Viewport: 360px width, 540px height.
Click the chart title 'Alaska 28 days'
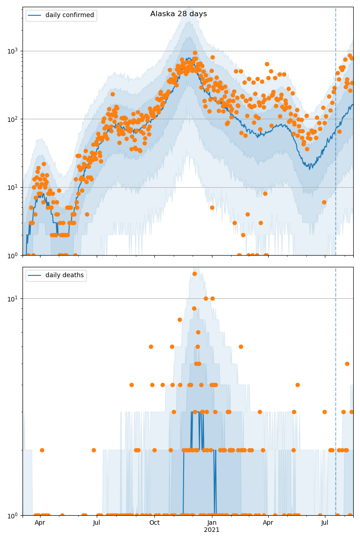[179, 14]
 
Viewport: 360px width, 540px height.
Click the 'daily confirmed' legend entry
[69, 15]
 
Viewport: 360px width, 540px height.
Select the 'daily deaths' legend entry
[64, 275]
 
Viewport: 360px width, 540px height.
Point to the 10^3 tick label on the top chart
[13, 51]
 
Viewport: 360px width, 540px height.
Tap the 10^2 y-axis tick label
[13, 119]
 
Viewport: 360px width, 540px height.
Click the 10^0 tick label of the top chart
[13, 256]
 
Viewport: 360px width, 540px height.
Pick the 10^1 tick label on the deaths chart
[13, 298]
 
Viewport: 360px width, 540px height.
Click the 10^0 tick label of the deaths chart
[13, 515]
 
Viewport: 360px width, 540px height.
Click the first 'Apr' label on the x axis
[40, 522]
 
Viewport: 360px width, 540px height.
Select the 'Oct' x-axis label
[154, 522]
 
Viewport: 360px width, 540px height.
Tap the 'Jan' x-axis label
[212, 522]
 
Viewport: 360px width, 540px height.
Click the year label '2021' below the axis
[212, 530]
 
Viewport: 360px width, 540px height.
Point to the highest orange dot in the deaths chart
[194, 274]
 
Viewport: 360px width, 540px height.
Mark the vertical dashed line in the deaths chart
[336, 405]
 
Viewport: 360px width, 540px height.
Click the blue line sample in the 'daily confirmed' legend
[35, 15]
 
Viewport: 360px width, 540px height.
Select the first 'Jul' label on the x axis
[97, 522]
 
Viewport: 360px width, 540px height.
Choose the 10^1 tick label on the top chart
[13, 187]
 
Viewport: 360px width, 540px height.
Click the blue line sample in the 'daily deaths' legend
[35, 275]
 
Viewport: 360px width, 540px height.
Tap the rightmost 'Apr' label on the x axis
[268, 522]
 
